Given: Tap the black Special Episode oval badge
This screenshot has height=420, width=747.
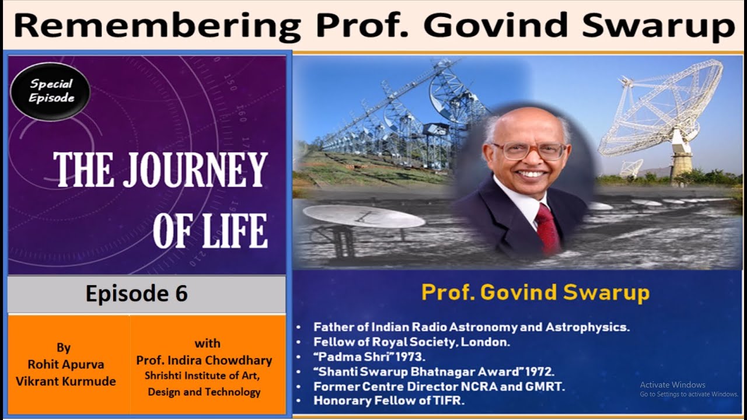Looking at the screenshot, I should click(51, 91).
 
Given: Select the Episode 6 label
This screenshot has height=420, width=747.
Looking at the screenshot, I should click(137, 293).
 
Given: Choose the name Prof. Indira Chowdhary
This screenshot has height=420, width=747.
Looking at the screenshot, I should click(204, 360).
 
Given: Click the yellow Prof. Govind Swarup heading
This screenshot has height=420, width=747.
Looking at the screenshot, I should click(535, 292).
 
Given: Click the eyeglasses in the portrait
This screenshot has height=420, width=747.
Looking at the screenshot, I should click(528, 150).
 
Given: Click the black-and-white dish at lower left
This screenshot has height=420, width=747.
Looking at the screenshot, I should click(363, 217).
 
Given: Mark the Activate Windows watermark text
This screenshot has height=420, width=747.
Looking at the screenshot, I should click(672, 384).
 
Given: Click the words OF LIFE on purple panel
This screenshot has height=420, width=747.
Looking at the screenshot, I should click(210, 231).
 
